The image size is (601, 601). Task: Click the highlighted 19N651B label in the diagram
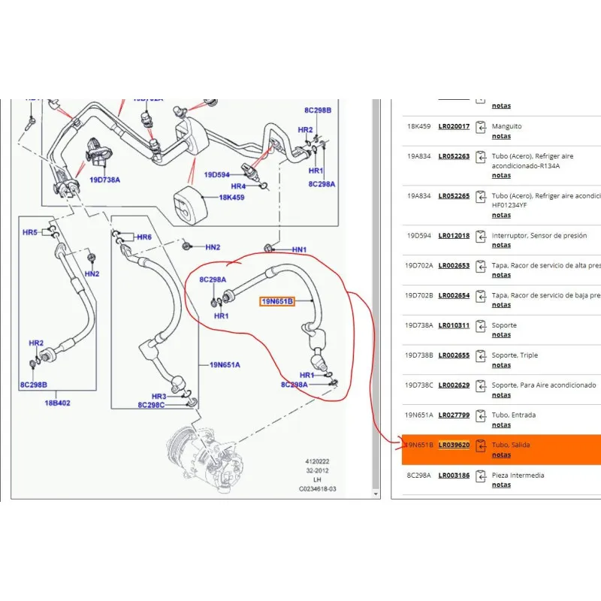click(276, 302)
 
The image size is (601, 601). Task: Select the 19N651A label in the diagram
click(225, 365)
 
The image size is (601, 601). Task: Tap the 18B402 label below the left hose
click(59, 403)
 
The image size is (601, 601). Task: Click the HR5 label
click(30, 233)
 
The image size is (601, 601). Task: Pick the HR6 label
click(144, 237)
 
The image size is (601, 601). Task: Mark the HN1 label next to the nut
click(300, 249)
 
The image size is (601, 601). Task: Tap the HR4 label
click(238, 186)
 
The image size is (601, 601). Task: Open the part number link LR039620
click(454, 445)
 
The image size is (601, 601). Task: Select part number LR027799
click(454, 415)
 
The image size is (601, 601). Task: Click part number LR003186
click(454, 475)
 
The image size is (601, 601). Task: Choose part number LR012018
click(454, 235)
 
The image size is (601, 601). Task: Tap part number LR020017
click(454, 126)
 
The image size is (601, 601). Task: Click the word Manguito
click(506, 126)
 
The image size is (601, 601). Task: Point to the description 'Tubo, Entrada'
click(514, 415)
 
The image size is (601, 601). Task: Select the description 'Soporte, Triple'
click(515, 355)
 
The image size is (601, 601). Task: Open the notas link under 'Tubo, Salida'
click(501, 455)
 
